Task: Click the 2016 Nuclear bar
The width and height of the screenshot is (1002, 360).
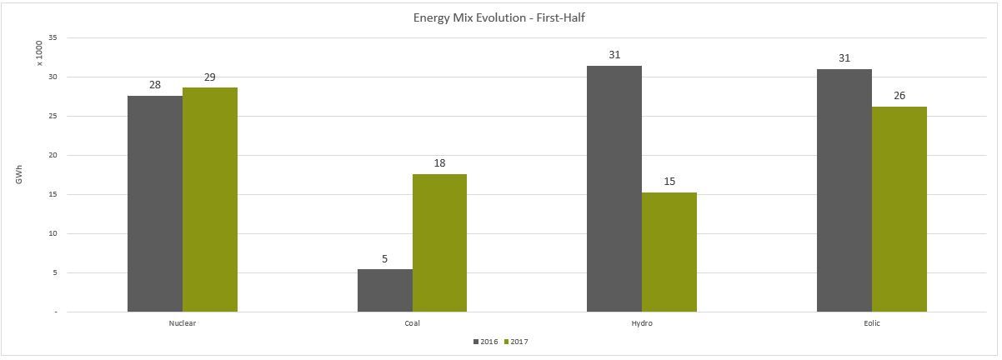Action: coord(155,204)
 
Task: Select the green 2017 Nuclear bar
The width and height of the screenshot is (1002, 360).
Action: coord(210,200)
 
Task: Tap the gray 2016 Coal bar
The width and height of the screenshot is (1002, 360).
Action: coord(385,291)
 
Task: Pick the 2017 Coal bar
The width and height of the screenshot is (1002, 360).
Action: coord(439,243)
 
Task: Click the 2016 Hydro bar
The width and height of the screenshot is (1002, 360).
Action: coord(614,189)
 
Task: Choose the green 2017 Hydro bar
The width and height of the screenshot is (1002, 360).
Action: coord(669,252)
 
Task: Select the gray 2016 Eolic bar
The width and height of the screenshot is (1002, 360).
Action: coord(844,191)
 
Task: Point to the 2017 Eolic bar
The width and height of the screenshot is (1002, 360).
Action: coord(899,209)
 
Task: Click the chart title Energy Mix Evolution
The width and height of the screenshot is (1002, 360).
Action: coord(501,17)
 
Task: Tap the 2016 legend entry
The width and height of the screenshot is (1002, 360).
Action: coord(485,342)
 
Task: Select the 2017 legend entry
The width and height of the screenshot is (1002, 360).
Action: coord(517,342)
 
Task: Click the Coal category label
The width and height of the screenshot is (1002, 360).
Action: coord(413,323)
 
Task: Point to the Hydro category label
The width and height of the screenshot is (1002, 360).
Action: coord(642,323)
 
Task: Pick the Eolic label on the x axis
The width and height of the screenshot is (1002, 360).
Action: coord(872,323)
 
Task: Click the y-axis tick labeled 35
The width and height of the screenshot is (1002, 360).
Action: coord(53,37)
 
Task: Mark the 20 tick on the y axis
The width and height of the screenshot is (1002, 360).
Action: coord(53,155)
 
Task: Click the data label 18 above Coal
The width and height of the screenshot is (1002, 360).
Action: coord(439,163)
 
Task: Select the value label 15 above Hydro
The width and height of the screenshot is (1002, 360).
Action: coord(669,182)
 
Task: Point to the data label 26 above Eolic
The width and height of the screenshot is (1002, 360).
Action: coord(899,96)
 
